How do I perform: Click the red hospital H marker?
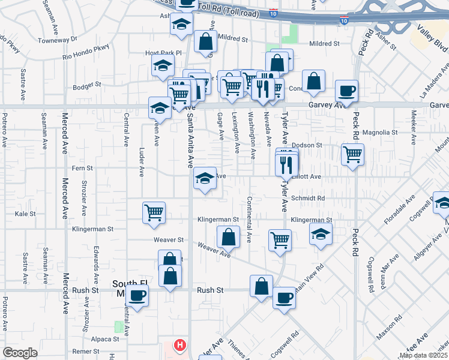point(179,345)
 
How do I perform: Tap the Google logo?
point(20,353)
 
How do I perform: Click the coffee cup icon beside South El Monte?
point(137,296)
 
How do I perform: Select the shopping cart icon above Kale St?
point(154,212)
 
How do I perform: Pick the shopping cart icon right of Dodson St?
point(352,154)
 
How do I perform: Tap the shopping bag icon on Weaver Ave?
point(228,237)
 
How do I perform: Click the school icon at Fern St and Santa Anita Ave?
point(205,178)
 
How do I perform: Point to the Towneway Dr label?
point(58,38)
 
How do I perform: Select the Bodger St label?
point(86,86)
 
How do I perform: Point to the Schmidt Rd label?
point(308,198)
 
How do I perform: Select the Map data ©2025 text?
point(423,355)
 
